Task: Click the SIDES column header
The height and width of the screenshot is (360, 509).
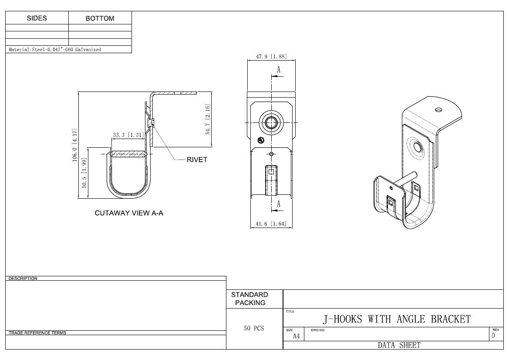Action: point(37,18)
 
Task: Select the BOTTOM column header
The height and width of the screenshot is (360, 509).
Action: point(100,18)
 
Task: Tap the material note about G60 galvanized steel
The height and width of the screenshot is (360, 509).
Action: point(55,50)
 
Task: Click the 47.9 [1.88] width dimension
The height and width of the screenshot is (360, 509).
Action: point(271,56)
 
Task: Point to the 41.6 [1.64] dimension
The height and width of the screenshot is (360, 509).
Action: point(271,224)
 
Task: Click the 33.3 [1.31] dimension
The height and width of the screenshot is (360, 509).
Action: point(128,135)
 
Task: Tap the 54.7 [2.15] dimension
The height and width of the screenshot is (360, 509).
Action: point(208,119)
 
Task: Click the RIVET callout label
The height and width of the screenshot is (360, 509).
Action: point(197,160)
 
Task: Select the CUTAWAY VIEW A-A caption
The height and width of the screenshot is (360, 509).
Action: point(129,213)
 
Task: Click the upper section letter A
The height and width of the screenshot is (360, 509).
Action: point(279,70)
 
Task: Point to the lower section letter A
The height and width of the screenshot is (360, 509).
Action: point(279,204)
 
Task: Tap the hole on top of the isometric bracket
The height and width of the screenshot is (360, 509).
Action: point(438,109)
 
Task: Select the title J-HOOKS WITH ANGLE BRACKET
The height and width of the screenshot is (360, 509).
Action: point(397,319)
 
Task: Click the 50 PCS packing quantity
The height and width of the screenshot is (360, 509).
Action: point(254,328)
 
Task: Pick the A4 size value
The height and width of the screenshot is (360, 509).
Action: point(296,336)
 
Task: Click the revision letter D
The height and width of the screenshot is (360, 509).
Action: point(493,336)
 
